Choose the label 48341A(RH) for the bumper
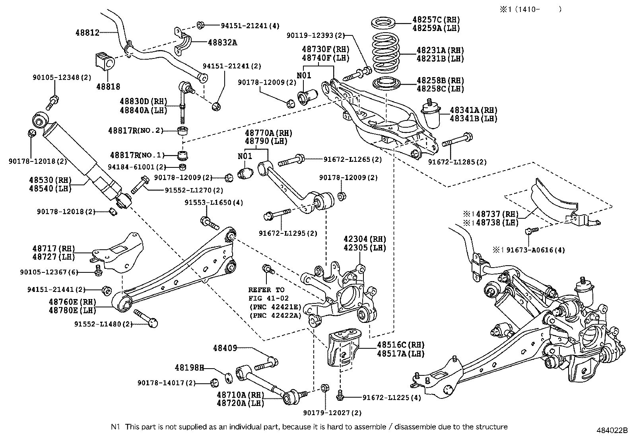473,110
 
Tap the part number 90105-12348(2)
62,78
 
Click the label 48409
225,348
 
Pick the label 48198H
189,368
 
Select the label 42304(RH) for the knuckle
365,239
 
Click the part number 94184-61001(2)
138,167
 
